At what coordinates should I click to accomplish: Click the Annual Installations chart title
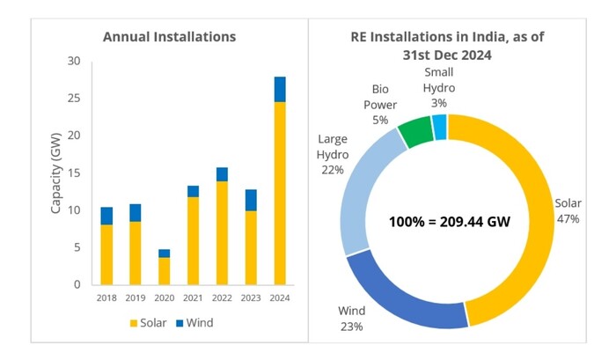[170, 37]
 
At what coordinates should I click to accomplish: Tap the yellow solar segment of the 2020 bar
[164, 271]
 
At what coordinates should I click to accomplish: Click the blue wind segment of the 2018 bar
[106, 216]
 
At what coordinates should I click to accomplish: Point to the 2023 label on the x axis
[251, 297]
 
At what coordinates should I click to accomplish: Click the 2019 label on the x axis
[135, 297]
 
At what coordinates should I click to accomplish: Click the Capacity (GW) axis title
[55, 173]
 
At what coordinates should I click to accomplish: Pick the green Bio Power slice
[414, 131]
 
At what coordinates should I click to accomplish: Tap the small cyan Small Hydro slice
[440, 126]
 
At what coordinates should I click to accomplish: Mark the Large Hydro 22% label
[333, 154]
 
